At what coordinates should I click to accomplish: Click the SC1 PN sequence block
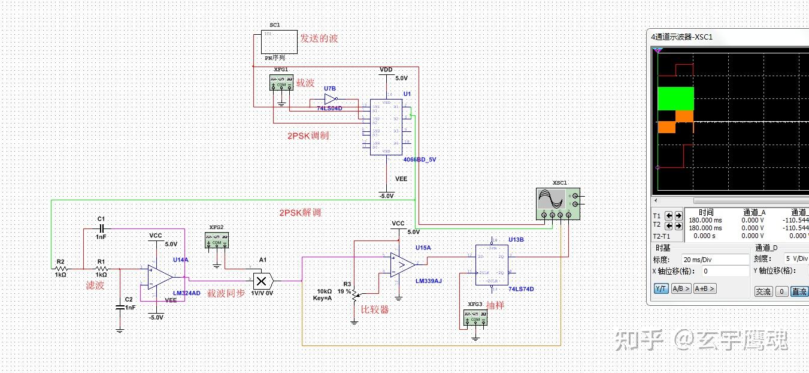[x=279, y=43]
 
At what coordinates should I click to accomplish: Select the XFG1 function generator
[x=282, y=83]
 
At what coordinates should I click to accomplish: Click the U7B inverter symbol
[x=331, y=99]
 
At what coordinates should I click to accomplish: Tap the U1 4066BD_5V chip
[x=386, y=127]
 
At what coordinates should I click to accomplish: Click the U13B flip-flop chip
[x=492, y=264]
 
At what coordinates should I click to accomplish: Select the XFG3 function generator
[x=475, y=317]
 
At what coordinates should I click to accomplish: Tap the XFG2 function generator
[x=217, y=240]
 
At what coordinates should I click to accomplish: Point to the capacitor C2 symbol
[x=120, y=306]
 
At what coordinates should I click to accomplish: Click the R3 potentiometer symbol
[x=354, y=294]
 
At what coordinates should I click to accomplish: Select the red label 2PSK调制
[x=308, y=136]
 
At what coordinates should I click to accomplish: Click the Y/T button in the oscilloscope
[x=661, y=288]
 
